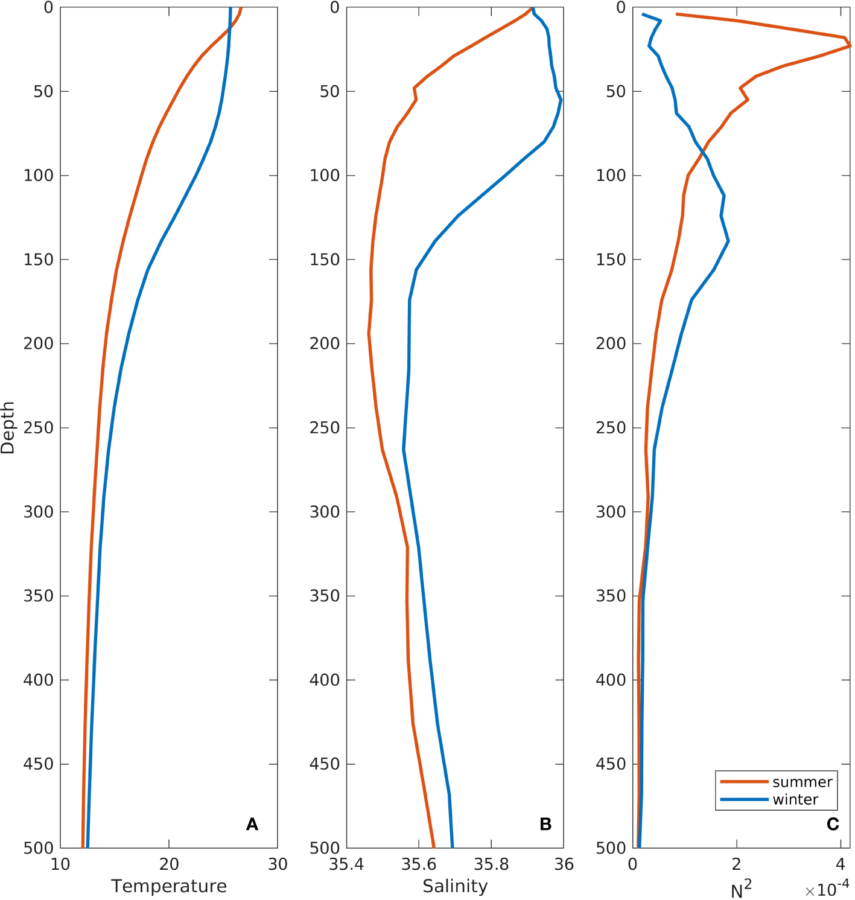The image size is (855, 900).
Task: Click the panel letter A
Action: pyautogui.click(x=252, y=824)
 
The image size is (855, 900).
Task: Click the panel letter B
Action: pyautogui.click(x=545, y=824)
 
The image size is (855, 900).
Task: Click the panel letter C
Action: pyautogui.click(x=833, y=824)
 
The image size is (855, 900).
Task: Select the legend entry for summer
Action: pyautogui.click(x=802, y=782)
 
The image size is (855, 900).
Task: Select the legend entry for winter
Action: pyautogui.click(x=795, y=799)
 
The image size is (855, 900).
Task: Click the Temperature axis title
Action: pyautogui.click(x=169, y=886)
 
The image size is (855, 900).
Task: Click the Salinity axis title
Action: pyautogui.click(x=455, y=886)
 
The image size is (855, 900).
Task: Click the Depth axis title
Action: pyautogui.click(x=8, y=427)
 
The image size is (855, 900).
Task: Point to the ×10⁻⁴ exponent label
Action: pyautogui.click(x=827, y=889)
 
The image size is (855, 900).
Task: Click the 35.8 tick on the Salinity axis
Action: pyautogui.click(x=491, y=864)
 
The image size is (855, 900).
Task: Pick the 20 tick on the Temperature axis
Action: pyautogui.click(x=169, y=864)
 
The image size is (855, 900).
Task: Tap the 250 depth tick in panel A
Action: pyautogui.click(x=38, y=427)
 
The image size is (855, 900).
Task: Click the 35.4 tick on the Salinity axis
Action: pyautogui.click(x=346, y=864)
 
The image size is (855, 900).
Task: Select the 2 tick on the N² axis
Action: pyautogui.click(x=736, y=864)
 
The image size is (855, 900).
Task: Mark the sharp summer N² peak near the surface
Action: pyautogui.click(x=850, y=45)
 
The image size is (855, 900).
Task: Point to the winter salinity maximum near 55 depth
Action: pyautogui.click(x=561, y=100)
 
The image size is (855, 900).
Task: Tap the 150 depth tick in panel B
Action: pyautogui.click(x=325, y=260)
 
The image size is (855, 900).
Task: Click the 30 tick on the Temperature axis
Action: pyautogui.click(x=278, y=864)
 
